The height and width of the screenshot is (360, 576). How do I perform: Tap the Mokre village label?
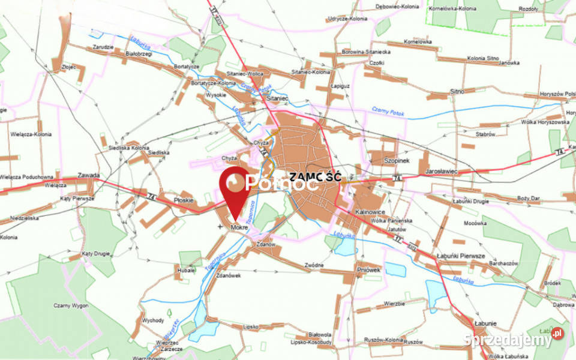point(239,229)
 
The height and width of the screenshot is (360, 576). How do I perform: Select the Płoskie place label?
point(182,200)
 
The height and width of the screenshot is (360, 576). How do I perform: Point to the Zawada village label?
point(88,176)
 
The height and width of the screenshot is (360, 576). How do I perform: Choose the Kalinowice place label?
point(370,212)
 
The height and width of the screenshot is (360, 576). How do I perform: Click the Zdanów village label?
point(265,244)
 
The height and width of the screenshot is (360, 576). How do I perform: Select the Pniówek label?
point(368,270)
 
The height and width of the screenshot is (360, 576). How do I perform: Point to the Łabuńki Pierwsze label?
point(460,256)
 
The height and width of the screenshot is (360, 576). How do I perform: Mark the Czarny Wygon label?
point(71,306)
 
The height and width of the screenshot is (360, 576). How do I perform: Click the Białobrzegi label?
point(139,53)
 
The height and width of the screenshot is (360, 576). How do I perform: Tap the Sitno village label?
point(457,91)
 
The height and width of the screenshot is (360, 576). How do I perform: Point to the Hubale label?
point(186,271)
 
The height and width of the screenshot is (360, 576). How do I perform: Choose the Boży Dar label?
point(527,197)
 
